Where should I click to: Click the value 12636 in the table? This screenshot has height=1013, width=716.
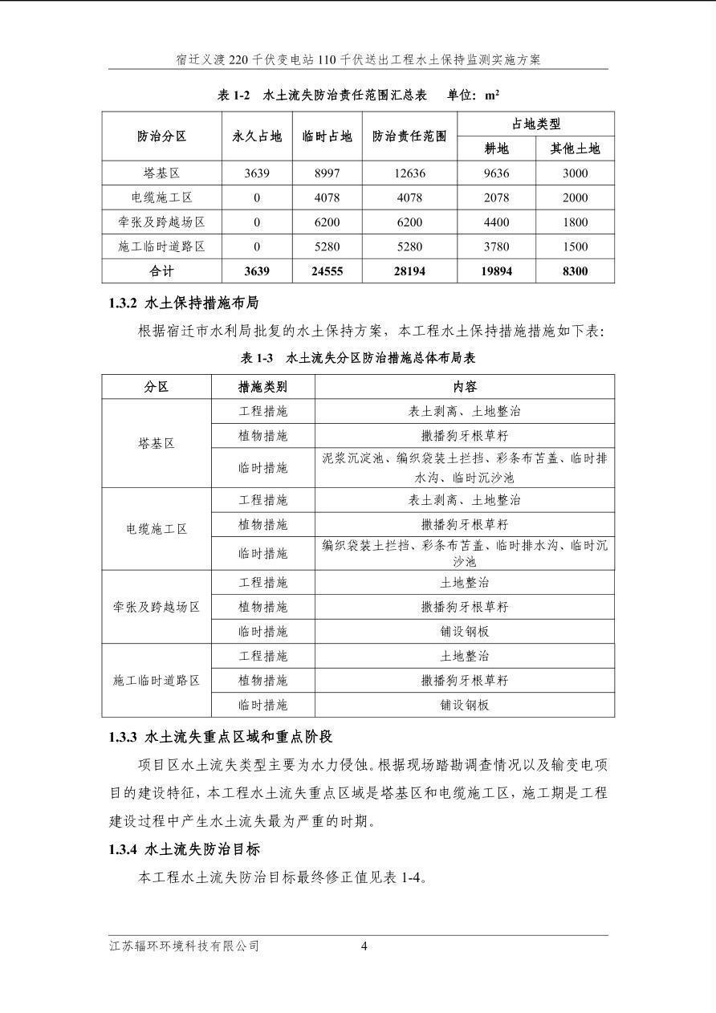(x=409, y=173)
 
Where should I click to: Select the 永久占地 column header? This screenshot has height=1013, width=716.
(x=257, y=136)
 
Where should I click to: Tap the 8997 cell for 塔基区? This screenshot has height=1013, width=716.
(x=327, y=173)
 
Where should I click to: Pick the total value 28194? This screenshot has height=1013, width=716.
(x=409, y=271)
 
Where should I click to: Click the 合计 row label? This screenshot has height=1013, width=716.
(x=161, y=271)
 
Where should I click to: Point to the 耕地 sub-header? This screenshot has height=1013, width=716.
(x=497, y=148)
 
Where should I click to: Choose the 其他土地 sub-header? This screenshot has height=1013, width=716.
(x=575, y=148)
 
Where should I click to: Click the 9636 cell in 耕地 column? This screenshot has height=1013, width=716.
(x=497, y=173)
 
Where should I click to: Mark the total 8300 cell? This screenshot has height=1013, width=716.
(x=575, y=271)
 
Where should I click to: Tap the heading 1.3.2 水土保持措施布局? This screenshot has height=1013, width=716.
(x=184, y=303)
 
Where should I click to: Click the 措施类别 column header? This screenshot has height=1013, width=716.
(x=263, y=387)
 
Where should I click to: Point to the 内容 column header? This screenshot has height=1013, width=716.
(x=465, y=387)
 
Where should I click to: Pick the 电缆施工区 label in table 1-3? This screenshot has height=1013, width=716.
(x=157, y=529)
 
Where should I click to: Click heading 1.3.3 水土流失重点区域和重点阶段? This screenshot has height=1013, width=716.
(x=221, y=736)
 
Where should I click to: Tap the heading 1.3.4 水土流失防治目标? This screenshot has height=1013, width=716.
(x=185, y=848)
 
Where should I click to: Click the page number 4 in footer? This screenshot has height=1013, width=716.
(x=364, y=946)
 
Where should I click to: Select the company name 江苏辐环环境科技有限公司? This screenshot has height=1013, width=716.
(x=185, y=946)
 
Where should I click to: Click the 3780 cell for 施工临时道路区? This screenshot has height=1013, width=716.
(x=497, y=247)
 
